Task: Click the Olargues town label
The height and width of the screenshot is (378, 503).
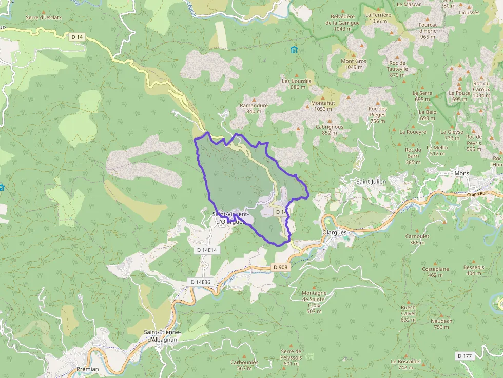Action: point(336,232)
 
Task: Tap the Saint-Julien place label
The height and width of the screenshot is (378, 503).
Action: point(371,182)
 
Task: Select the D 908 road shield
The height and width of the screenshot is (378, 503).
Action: point(280,267)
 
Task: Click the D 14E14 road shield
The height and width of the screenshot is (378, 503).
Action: point(207,250)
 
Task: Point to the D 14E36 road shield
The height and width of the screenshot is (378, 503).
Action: point(201,282)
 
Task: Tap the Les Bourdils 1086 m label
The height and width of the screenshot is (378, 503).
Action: point(297,84)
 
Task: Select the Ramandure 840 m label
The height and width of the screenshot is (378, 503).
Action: point(254,108)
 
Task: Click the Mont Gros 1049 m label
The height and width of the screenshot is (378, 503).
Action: point(354,64)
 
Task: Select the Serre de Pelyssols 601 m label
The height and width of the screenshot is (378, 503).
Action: point(291,357)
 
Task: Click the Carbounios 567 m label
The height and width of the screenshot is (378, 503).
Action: point(244,365)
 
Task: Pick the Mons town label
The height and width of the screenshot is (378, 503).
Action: point(462,174)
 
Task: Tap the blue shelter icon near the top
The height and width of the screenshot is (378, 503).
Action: point(294,50)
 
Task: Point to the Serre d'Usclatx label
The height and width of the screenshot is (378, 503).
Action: point(44,17)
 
